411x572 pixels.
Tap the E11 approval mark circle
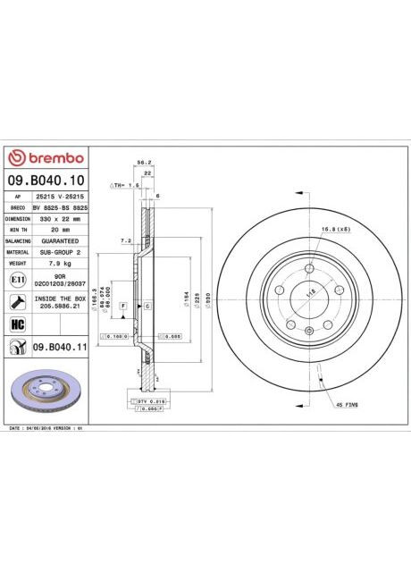17,280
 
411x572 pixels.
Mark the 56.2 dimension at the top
141,163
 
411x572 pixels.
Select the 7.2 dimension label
126,241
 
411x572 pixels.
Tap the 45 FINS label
347,405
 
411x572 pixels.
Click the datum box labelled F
122,307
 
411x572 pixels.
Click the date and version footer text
45,429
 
